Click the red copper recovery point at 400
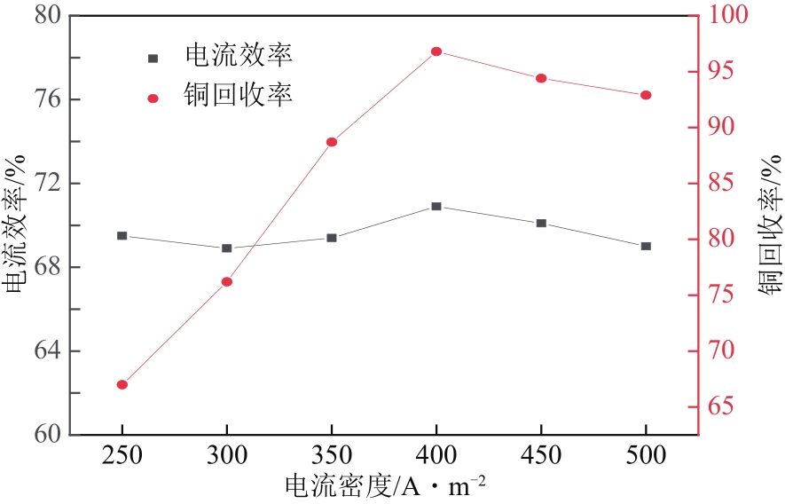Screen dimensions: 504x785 (x=436, y=51)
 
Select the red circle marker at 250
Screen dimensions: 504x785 (x=122, y=384)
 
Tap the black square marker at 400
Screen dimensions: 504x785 (x=436, y=206)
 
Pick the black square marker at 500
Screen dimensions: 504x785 (x=646, y=246)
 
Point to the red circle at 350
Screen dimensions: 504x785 (x=332, y=142)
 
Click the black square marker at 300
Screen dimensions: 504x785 (x=227, y=248)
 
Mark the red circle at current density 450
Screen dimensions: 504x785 (x=541, y=78)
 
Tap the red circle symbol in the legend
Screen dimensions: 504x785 (x=153, y=98)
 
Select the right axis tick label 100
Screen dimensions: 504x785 (x=729, y=16)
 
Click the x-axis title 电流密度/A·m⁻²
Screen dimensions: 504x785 (x=386, y=486)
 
